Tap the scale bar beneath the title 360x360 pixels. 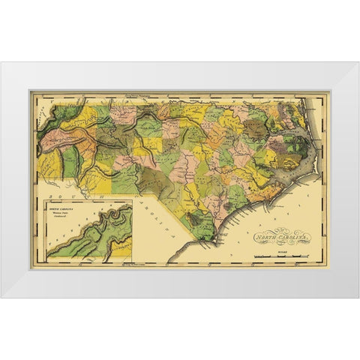(281, 256)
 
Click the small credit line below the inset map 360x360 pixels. (88, 265)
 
